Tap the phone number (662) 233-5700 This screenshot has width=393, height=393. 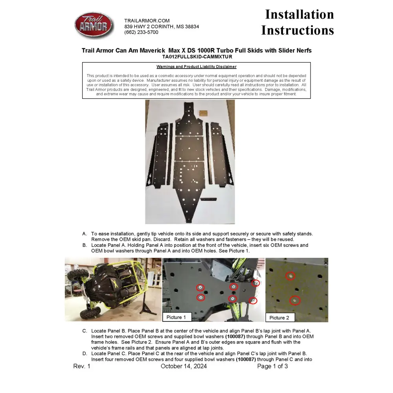(141, 33)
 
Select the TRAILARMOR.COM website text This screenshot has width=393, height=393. (147, 21)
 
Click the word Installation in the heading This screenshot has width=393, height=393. (299, 15)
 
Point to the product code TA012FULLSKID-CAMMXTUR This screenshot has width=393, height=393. (197, 57)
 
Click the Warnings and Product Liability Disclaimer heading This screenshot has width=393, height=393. (196, 67)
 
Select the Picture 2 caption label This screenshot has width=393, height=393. (279, 318)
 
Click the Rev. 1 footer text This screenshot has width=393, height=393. (82, 366)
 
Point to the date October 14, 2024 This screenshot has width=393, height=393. (184, 366)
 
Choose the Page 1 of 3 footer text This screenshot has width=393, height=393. (272, 366)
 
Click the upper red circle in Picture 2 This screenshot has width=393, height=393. (290, 276)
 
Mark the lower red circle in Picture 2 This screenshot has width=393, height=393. (295, 301)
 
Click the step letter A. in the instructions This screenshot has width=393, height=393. (84, 234)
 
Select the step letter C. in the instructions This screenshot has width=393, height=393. (84, 331)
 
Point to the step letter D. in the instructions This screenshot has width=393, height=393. (84, 354)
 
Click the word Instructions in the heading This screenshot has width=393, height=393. (298, 30)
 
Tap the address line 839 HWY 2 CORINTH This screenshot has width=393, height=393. (162, 27)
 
